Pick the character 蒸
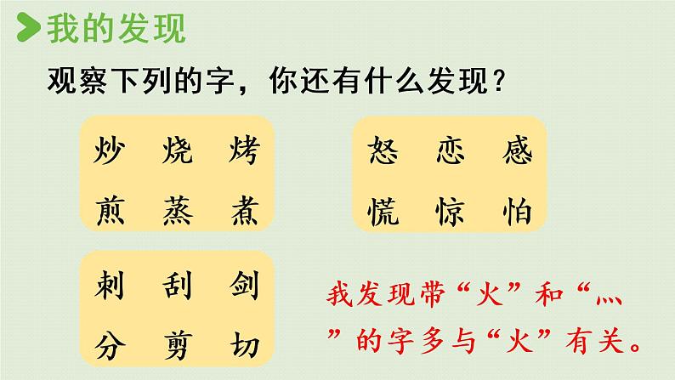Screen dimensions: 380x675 click(177, 208)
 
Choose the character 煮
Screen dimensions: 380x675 click(240, 208)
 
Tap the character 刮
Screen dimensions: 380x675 click(177, 291)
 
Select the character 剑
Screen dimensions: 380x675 click(240, 291)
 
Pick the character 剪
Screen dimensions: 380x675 click(177, 345)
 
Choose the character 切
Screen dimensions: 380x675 click(240, 345)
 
